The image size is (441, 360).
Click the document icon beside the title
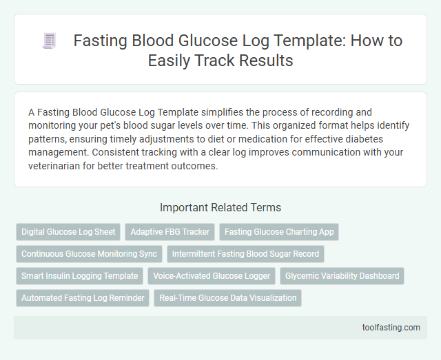(x=49, y=41)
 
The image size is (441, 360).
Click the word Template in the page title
(x=265, y=41)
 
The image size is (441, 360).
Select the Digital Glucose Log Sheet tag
(x=68, y=232)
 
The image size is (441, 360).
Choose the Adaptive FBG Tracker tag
(x=170, y=232)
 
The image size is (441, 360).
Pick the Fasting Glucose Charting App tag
(x=279, y=232)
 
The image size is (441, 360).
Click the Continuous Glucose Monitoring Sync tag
(x=89, y=254)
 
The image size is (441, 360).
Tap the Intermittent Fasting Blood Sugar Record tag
(x=245, y=254)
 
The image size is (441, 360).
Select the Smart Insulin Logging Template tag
(x=79, y=276)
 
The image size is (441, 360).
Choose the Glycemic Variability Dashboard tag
(x=342, y=276)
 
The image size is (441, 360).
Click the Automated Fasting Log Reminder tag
(x=83, y=298)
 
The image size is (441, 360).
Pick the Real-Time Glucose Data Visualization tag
(x=227, y=298)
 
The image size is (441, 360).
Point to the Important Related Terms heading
(x=220, y=207)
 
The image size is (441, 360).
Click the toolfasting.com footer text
(x=391, y=327)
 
